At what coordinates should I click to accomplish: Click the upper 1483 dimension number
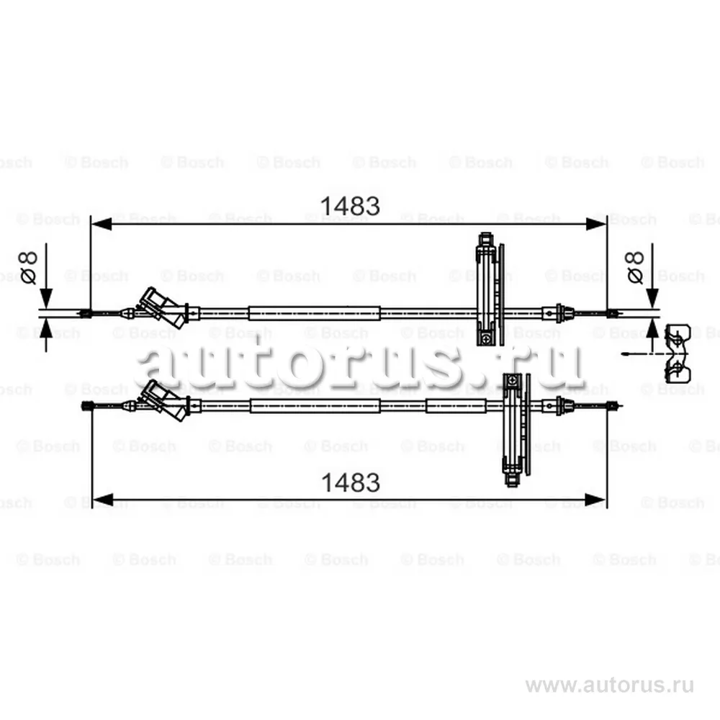pos(350,206)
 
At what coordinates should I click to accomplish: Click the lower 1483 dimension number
pos(351,482)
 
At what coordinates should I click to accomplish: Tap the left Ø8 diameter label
pos(27,268)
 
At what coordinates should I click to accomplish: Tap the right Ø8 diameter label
pos(634,268)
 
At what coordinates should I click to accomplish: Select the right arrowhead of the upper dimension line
pos(596,224)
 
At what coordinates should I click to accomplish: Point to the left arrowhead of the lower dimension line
pos(103,500)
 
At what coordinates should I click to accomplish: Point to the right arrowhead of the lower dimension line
pos(595,500)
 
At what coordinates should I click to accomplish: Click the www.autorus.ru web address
pos(609,685)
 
